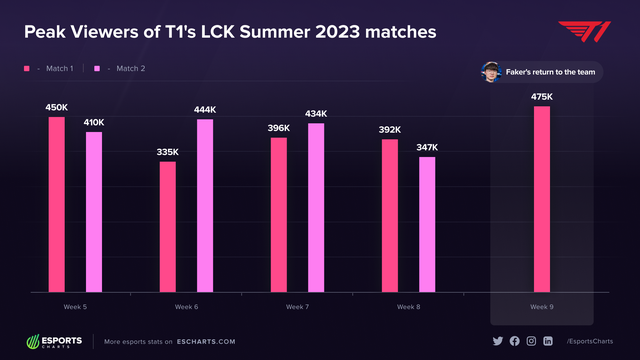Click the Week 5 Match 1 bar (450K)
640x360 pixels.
(x=56, y=204)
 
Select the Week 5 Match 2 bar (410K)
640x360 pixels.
(x=93, y=211)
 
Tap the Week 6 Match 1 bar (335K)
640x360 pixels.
(x=167, y=226)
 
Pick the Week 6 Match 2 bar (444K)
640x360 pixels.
(x=204, y=205)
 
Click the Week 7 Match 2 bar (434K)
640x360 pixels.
(x=316, y=207)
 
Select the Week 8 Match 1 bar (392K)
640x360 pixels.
(x=390, y=215)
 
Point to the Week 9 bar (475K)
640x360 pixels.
(x=541, y=199)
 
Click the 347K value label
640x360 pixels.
(x=427, y=147)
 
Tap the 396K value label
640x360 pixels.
(x=279, y=128)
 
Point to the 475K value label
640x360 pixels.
(x=541, y=96)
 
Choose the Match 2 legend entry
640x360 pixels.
(x=119, y=69)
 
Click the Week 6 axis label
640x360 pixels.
(x=186, y=306)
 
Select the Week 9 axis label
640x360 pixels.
(x=541, y=306)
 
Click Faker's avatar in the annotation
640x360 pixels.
(x=491, y=74)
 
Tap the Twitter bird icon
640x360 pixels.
(x=497, y=341)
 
